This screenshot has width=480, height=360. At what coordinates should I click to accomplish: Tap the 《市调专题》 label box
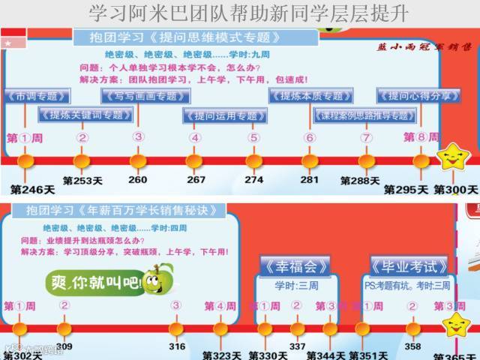(x=37, y=96)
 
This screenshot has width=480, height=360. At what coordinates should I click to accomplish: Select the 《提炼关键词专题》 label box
(x=85, y=115)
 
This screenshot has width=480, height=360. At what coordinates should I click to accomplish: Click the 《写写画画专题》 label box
(x=145, y=96)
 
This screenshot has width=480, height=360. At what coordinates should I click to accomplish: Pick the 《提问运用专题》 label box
(x=220, y=115)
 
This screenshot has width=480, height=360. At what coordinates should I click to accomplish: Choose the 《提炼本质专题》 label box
(x=310, y=96)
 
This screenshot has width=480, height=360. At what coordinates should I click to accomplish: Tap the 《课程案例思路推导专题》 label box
(x=363, y=115)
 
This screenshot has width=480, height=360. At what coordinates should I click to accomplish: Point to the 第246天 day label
(x=28, y=189)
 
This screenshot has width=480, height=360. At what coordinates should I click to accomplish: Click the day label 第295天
(x=406, y=190)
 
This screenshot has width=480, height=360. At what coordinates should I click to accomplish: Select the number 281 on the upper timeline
(x=309, y=180)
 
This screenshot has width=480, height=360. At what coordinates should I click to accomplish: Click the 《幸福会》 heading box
(x=295, y=266)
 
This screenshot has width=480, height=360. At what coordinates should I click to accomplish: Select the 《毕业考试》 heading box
(x=409, y=266)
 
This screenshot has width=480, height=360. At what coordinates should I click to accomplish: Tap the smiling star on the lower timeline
(x=455, y=325)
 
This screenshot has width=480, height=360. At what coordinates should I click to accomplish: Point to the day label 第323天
(x=225, y=355)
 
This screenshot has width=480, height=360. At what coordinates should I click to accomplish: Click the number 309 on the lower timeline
(x=64, y=346)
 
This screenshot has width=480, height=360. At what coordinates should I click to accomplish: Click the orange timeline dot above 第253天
(x=82, y=161)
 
